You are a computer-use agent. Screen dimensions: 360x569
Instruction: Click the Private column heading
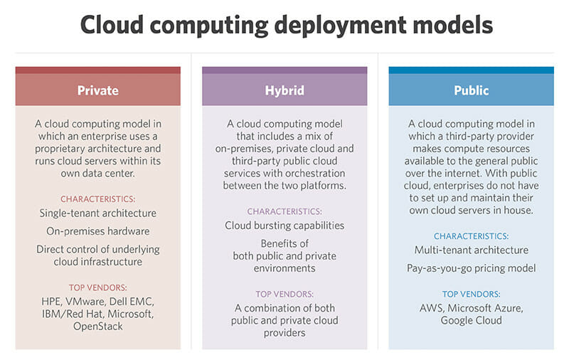click(98, 91)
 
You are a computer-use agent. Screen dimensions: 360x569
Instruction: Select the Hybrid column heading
click(284, 91)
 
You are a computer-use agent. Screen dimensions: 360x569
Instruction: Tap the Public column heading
click(471, 91)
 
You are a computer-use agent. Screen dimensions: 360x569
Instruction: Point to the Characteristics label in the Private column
click(98, 198)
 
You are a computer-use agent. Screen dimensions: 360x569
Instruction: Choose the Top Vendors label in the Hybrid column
click(284, 293)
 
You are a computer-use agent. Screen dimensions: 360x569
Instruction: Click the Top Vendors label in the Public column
click(471, 293)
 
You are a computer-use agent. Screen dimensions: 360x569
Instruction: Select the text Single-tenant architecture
click(98, 213)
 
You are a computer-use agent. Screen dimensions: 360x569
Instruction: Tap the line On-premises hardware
click(98, 231)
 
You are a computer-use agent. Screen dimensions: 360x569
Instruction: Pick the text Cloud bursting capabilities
click(284, 226)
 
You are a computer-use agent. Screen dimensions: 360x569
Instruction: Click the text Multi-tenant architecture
click(471, 250)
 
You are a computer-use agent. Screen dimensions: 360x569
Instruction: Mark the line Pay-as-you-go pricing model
click(471, 268)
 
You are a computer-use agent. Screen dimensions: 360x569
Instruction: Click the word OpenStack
click(98, 326)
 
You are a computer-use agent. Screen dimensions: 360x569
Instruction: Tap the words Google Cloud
click(471, 320)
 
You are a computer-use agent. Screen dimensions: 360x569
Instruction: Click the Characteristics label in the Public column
click(471, 235)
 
